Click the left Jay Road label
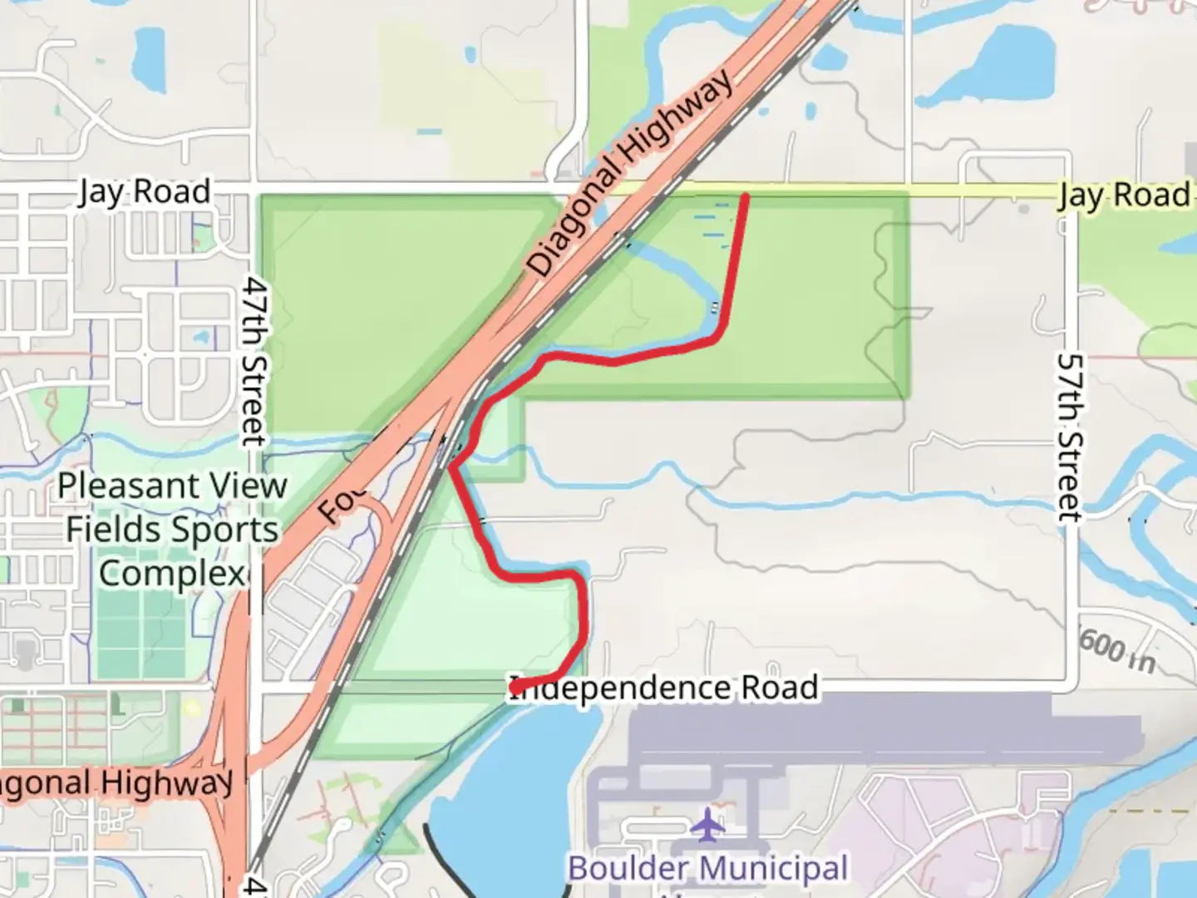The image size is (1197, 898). [x=145, y=192]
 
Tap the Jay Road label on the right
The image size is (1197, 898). [x=1124, y=195]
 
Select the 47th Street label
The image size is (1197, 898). [x=254, y=361]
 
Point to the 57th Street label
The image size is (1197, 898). [x=1071, y=437]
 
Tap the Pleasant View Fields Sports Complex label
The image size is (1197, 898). [x=172, y=530]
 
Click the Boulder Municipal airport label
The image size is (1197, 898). [x=708, y=868]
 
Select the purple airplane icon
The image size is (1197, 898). [x=707, y=823]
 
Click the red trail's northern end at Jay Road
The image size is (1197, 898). [x=746, y=197]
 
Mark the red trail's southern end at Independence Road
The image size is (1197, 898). [x=515, y=688]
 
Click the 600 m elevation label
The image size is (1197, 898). [x=1116, y=648]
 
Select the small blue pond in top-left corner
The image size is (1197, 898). [x=150, y=52]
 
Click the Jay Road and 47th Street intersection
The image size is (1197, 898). [x=254, y=184]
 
